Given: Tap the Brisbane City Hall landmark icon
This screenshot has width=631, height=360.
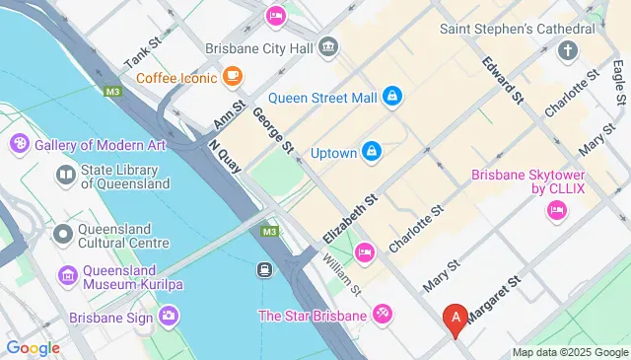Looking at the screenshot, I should (x=329, y=46).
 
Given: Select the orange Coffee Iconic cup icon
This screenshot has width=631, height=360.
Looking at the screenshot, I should (x=233, y=75).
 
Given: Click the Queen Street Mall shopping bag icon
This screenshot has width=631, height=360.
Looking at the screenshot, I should (x=392, y=96).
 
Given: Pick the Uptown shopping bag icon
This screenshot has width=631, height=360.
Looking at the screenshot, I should (x=371, y=151).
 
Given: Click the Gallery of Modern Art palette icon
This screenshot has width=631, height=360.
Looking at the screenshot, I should (x=19, y=145).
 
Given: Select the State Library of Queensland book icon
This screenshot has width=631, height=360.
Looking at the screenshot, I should (x=66, y=176).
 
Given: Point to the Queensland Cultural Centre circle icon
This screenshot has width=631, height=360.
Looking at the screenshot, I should (x=64, y=234).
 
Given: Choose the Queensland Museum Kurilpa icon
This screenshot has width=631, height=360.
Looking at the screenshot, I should (x=67, y=273).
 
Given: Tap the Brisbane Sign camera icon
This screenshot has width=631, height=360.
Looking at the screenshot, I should (x=169, y=317).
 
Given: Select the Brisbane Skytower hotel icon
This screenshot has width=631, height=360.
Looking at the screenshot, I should (x=556, y=210).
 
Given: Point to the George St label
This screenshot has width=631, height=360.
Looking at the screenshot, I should (x=273, y=129).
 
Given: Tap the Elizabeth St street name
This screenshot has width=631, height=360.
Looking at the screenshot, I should (x=351, y=219).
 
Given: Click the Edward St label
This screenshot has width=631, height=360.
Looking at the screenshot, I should (x=499, y=78).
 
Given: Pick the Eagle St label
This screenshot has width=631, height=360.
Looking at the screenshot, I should (x=619, y=83).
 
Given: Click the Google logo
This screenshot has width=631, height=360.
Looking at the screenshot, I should (x=33, y=347).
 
